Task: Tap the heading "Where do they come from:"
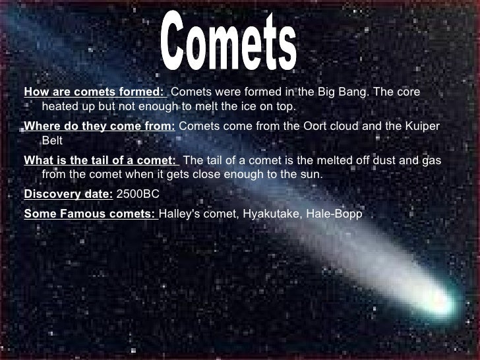pyautogui.click(x=100, y=126)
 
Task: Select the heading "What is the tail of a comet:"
pyautogui.click(x=101, y=160)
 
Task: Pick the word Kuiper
pyautogui.click(x=425, y=126)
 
